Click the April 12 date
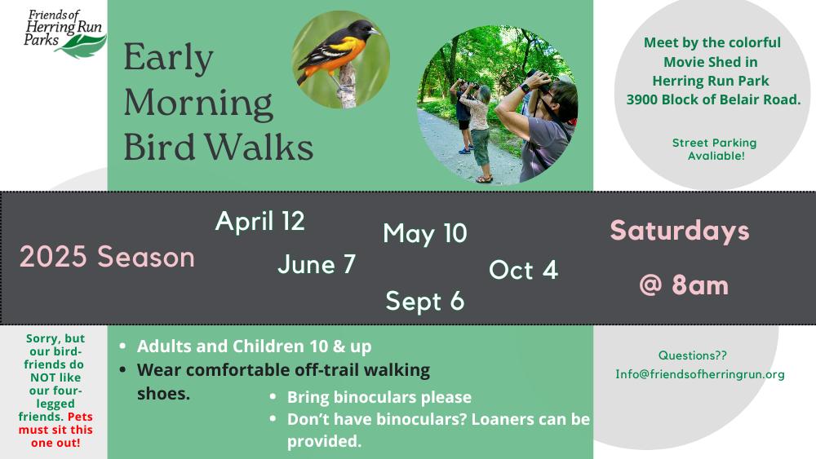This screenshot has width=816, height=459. (x=259, y=222)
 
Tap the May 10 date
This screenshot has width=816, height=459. (x=425, y=233)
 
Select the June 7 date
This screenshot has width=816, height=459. (x=317, y=264)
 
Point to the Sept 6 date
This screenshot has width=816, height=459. (x=424, y=302)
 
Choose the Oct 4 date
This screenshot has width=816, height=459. (x=523, y=270)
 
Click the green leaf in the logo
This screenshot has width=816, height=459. (x=81, y=46)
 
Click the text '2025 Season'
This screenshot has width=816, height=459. (x=107, y=257)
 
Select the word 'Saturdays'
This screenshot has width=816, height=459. (x=679, y=231)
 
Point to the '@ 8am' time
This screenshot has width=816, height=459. (x=683, y=285)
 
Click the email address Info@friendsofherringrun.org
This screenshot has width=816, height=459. (x=700, y=374)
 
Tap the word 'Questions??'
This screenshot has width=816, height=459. (x=692, y=355)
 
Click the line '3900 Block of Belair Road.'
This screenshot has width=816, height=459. (x=713, y=99)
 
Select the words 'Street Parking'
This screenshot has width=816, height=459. (x=714, y=143)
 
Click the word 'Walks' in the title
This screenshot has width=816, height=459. (x=259, y=147)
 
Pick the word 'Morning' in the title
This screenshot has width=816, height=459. (x=198, y=104)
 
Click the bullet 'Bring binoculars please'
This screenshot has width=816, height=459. (x=379, y=397)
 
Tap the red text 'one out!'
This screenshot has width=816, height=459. (x=55, y=443)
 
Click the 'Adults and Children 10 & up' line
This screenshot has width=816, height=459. (x=254, y=346)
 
